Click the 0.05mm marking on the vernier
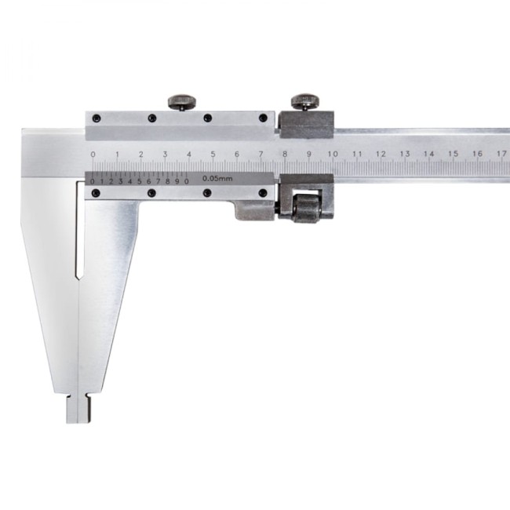217,178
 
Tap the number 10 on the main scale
333,154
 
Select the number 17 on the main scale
501,153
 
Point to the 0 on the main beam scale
93,154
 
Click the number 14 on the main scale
428,154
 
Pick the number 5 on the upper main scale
213,154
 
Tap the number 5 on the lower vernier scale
140,181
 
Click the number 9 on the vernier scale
177,181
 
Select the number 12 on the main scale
381,154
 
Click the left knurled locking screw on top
182,102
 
